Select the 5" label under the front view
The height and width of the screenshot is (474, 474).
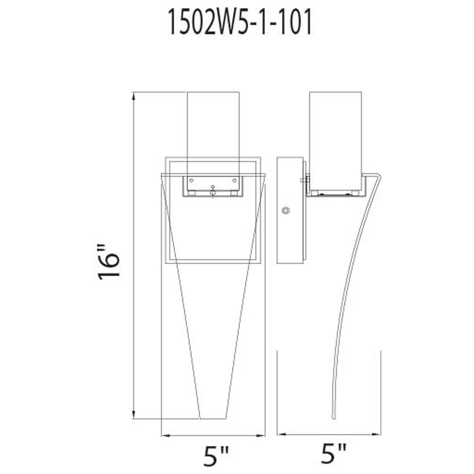coord(216,455)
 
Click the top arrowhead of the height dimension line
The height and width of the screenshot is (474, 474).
coord(134,96)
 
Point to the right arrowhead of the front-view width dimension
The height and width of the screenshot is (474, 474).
coord(261,436)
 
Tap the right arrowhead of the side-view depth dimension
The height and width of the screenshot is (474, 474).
coord(377,434)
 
